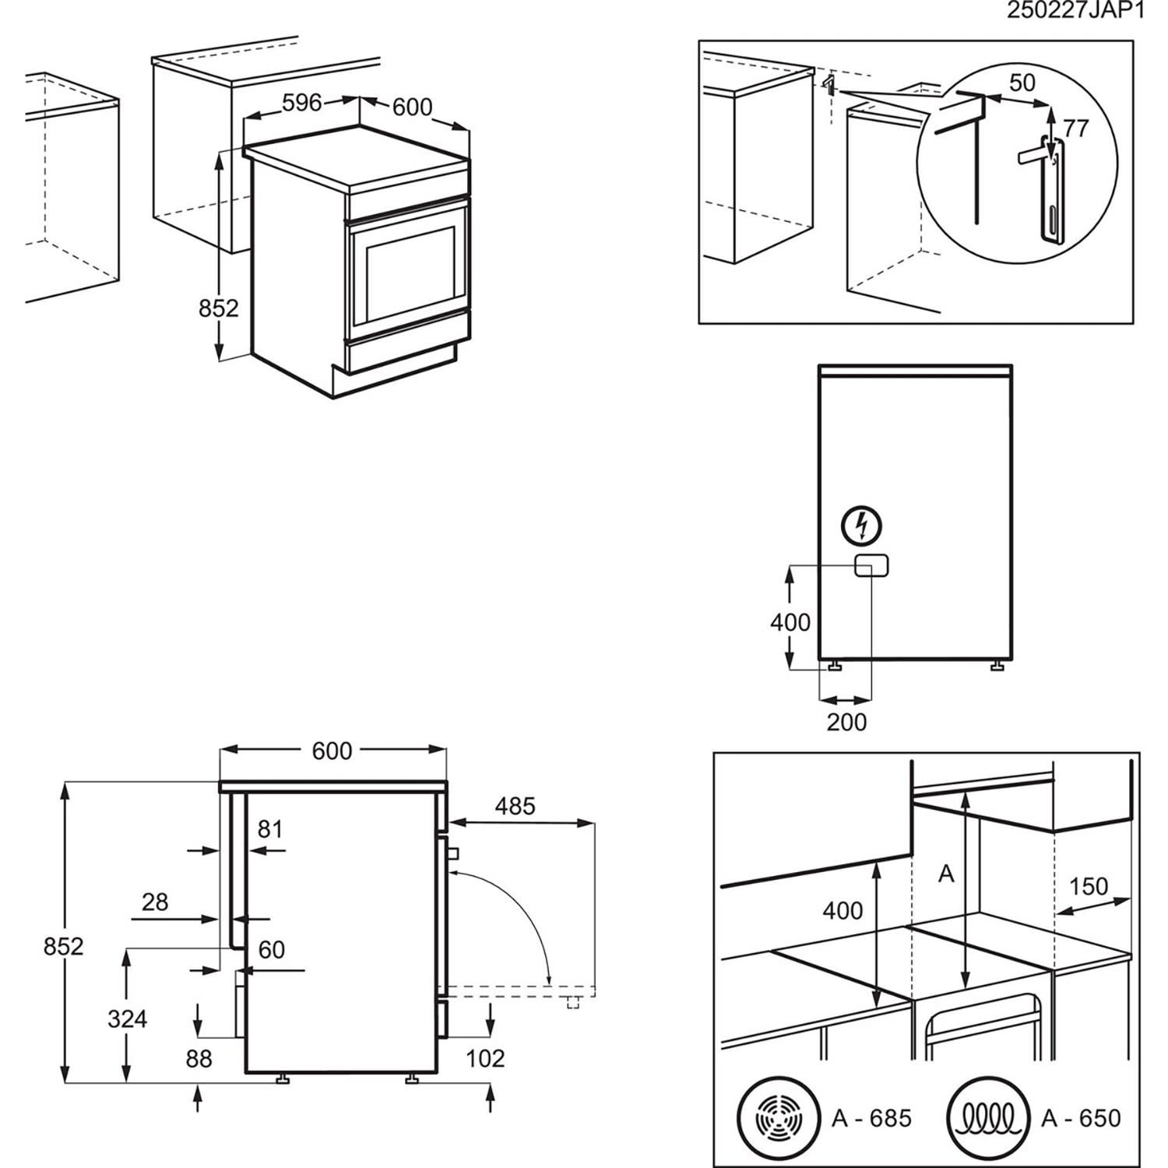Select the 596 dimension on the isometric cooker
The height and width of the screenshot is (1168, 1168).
coord(301,102)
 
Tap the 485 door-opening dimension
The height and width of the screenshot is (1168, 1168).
coord(515,806)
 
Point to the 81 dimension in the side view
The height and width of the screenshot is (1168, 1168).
coord(269,829)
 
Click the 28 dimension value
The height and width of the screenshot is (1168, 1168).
coord(155,902)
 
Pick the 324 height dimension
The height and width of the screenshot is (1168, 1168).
coord(127,1018)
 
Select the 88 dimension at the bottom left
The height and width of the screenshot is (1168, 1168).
coord(199,1059)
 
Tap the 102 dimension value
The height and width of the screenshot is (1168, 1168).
coord(485,1058)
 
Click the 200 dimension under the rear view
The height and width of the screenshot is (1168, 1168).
coord(846,723)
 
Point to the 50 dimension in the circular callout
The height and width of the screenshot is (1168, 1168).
coord(1022,83)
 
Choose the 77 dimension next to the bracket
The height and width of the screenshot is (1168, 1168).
coord(1075,128)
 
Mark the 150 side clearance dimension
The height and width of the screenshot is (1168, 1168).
coord(1088,886)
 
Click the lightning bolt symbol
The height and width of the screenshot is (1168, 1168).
coord(862,526)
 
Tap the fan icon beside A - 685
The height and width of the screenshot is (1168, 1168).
coord(779,1119)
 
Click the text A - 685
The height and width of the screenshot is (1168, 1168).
coord(871,1119)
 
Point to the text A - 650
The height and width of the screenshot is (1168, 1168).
coord(1081,1119)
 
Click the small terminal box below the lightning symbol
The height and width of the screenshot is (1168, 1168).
coord(871,566)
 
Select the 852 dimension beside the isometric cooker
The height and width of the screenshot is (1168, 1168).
coord(218,308)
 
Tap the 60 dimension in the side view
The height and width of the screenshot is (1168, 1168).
coord(271,950)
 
